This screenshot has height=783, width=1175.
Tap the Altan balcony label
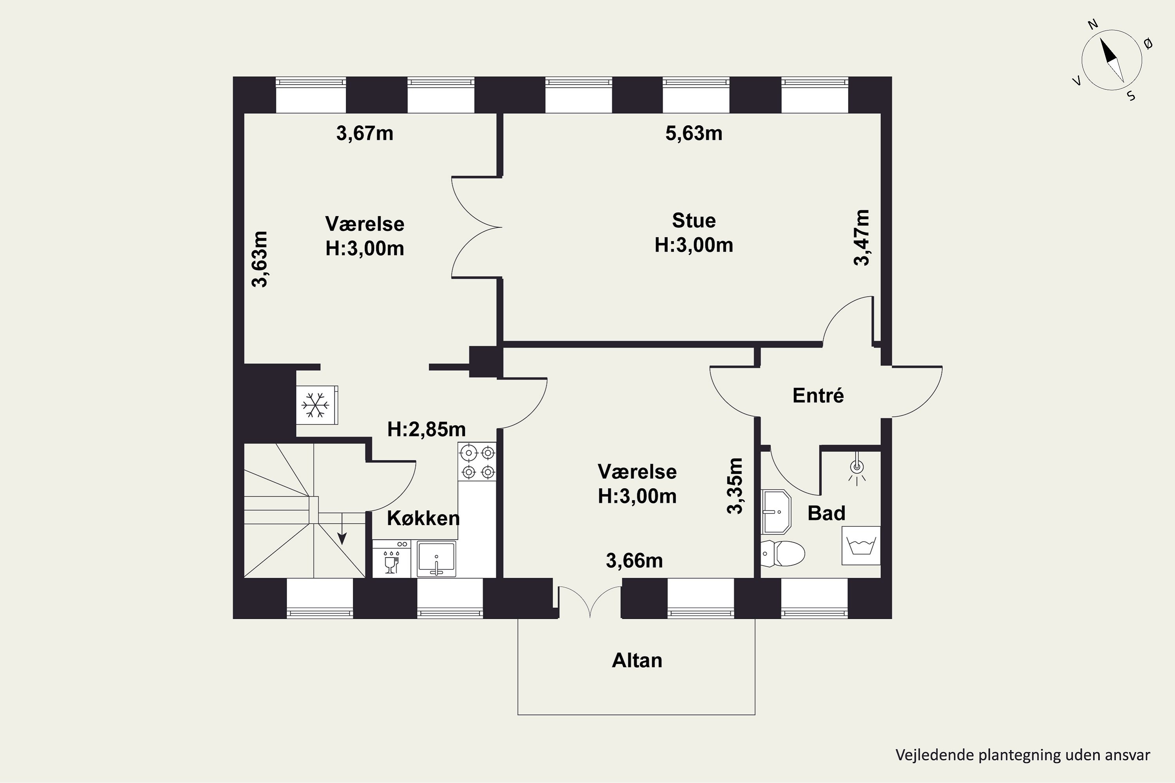click(x=637, y=660)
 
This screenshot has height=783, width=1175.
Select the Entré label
click(x=818, y=395)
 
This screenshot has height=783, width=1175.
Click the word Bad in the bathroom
click(x=826, y=513)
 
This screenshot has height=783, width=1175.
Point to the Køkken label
click(x=423, y=518)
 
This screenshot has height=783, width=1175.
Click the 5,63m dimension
click(x=694, y=134)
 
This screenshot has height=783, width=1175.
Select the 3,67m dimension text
click(x=365, y=134)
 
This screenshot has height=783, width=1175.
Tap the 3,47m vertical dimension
click(x=861, y=238)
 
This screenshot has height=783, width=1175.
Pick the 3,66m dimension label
click(x=634, y=561)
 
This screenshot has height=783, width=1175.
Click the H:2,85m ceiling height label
click(x=426, y=429)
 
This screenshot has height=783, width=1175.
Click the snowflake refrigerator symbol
click(x=316, y=404)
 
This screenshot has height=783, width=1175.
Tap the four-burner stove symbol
click(x=477, y=462)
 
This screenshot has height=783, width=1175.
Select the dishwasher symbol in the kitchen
click(x=391, y=558)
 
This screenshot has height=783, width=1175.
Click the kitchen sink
click(x=437, y=559)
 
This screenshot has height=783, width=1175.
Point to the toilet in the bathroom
click(x=783, y=553)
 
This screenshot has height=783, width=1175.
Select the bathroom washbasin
click(x=776, y=511)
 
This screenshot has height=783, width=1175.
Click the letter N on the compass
click(x=1093, y=38)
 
